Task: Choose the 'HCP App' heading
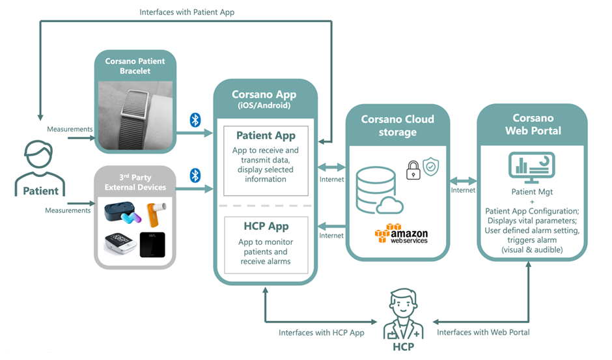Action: click(266, 226)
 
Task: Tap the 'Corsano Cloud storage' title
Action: click(398, 126)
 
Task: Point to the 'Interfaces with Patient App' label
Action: click(187, 12)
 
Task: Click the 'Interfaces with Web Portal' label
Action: click(483, 332)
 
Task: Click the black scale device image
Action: click(152, 245)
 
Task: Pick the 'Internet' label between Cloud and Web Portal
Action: click(464, 190)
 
